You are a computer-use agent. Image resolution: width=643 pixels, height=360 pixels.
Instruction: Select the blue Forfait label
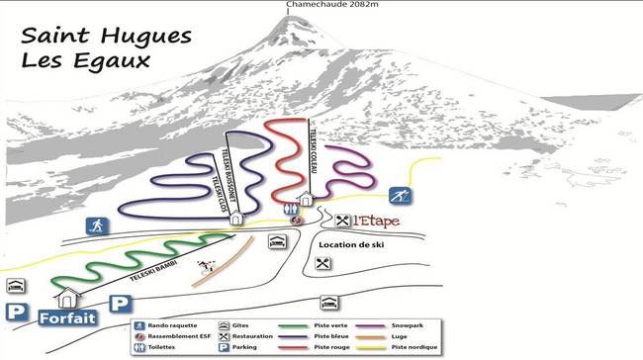(x=68, y=318)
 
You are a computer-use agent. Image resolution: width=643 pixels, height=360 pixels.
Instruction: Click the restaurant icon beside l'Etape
(x=343, y=220)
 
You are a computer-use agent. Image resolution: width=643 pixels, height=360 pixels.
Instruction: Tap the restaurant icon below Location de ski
(x=322, y=263)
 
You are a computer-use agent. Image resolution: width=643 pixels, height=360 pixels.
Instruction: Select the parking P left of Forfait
(x=15, y=313)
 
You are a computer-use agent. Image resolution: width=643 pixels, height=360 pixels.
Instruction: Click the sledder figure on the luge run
(x=207, y=265)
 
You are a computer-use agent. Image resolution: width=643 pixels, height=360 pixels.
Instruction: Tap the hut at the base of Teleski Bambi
(x=68, y=296)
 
